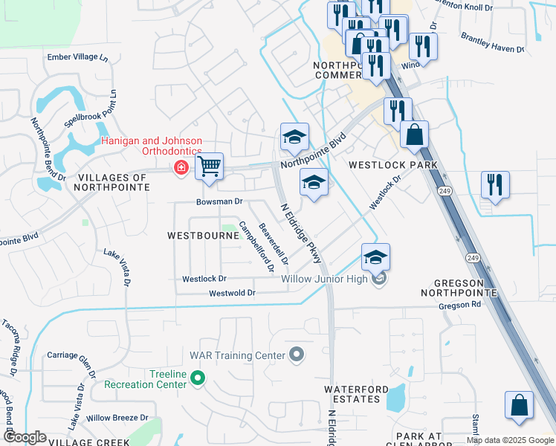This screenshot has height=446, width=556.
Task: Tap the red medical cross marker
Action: click(x=180, y=169)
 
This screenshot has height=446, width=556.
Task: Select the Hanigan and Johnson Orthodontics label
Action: click(x=152, y=146)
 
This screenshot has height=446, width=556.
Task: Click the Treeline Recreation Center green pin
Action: click(x=197, y=379)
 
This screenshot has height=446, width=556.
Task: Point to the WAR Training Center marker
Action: click(x=297, y=354)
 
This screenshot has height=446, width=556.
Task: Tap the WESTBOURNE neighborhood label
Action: click(x=196, y=235)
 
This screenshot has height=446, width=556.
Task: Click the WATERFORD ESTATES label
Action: click(x=355, y=394)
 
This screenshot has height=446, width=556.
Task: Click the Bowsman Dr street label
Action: click(x=219, y=201)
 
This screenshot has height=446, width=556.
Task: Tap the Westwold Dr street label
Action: click(x=232, y=294)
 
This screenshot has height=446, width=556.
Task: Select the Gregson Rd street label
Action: click(x=461, y=305)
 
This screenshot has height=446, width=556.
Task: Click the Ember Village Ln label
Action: click(x=77, y=57)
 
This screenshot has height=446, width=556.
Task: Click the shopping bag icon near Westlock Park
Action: click(x=414, y=135)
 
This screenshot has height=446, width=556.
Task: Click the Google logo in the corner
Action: click(x=25, y=437)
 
